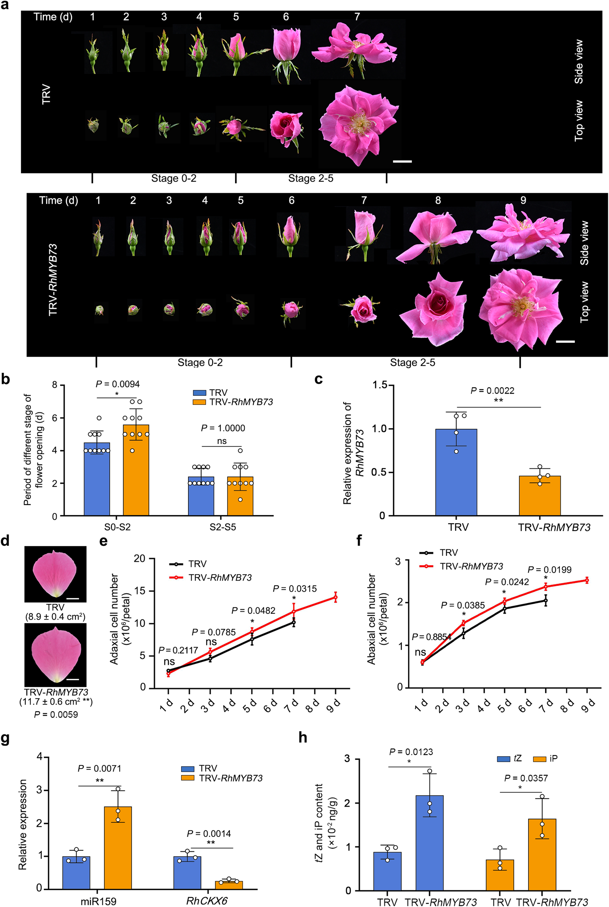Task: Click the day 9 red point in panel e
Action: click(x=336, y=598)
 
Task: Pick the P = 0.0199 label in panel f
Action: click(x=549, y=570)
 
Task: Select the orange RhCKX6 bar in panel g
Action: click(x=229, y=884)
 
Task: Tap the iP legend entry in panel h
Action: click(x=546, y=759)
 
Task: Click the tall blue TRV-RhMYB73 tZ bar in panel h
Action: click(x=429, y=842)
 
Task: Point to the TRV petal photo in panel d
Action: click(x=55, y=574)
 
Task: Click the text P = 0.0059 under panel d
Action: click(x=56, y=715)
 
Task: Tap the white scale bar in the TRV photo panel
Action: click(x=402, y=161)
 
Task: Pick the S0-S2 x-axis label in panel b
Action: click(x=117, y=527)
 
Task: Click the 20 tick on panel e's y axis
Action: click(x=139, y=558)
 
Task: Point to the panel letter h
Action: click(x=303, y=738)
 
